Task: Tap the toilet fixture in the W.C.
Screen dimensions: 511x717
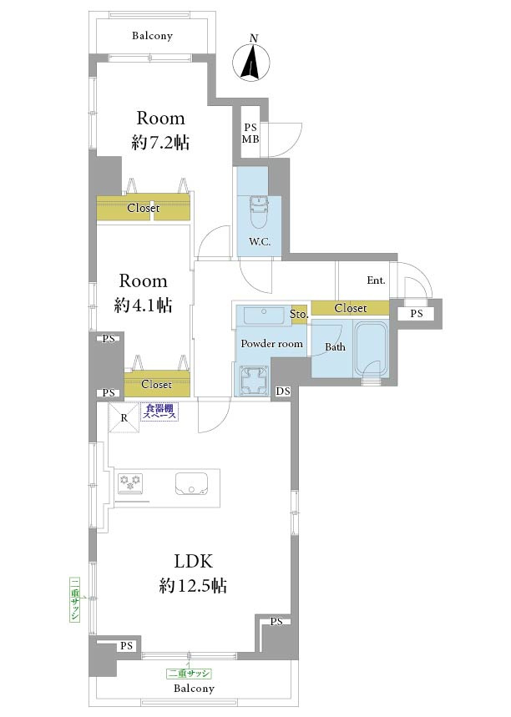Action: (260, 212)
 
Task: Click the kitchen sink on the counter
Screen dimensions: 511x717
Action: (192, 484)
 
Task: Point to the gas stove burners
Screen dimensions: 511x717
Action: (129, 484)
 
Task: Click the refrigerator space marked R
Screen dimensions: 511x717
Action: (124, 417)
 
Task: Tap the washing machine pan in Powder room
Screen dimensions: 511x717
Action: (252, 380)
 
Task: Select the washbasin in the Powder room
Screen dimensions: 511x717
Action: (263, 316)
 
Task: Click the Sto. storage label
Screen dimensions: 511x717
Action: (299, 314)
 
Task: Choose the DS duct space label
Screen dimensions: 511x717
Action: (283, 391)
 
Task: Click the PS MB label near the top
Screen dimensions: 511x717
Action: (250, 133)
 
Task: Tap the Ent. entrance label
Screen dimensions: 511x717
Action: (376, 280)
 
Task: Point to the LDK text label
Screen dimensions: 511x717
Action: (193, 561)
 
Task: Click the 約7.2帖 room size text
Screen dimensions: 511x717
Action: (160, 143)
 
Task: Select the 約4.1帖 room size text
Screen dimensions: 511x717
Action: (143, 305)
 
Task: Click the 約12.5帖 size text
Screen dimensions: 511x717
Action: (193, 585)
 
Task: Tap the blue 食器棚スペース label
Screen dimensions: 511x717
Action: (159, 412)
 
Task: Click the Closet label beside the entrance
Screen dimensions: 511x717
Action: (351, 308)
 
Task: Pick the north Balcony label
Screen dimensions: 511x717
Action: (152, 36)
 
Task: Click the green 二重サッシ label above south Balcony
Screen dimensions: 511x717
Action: (189, 674)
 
